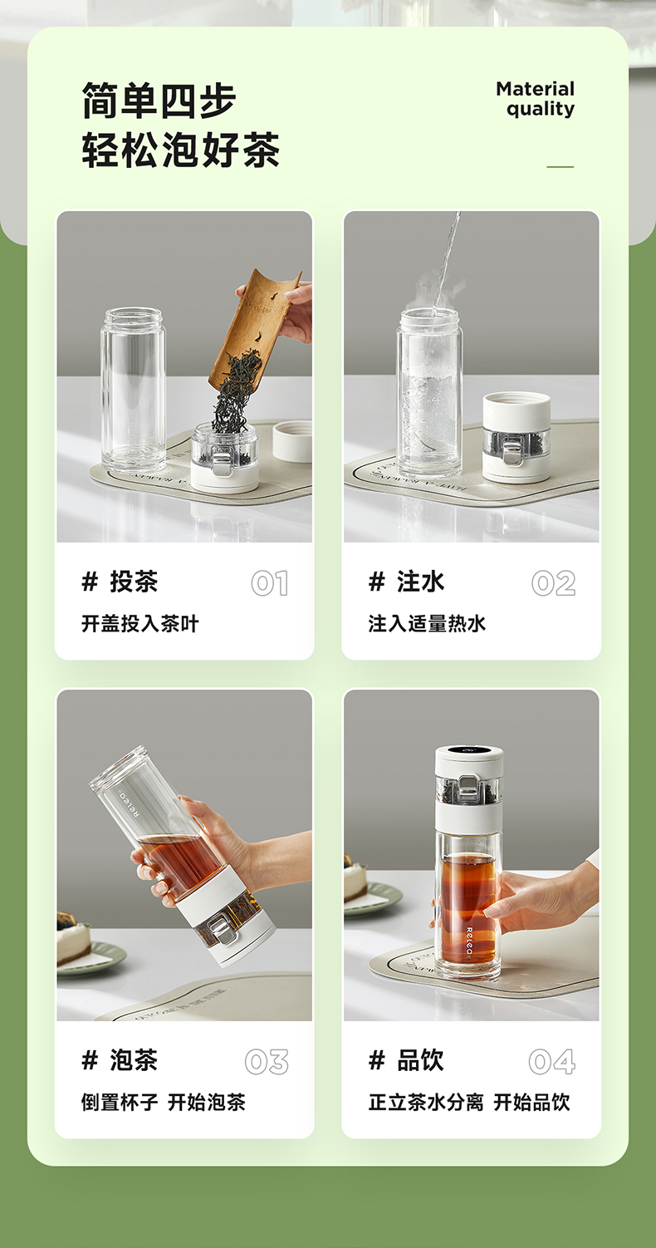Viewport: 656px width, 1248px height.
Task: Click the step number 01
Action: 270,582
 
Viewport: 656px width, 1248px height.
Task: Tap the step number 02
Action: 553,582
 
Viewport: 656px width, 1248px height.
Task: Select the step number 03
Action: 267,1061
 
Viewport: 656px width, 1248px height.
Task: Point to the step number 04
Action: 552,1061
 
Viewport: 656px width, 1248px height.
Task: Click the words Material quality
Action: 535,99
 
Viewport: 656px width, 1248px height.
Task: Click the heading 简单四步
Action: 159,101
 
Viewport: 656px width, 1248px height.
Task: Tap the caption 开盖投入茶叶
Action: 140,623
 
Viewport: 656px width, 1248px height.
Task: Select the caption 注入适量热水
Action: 427,623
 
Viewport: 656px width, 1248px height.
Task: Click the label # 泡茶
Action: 120,1059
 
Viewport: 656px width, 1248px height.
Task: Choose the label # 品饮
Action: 406,1059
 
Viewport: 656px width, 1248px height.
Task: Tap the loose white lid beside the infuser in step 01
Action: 291,441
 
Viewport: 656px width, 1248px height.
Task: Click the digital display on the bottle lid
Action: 469,751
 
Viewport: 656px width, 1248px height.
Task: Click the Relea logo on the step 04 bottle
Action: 469,941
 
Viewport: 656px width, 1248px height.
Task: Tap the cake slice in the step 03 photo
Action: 72,940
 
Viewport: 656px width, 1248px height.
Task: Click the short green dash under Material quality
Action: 560,166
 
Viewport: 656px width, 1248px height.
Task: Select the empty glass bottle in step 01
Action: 133,390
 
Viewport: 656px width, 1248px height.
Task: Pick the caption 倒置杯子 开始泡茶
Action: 163,1102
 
